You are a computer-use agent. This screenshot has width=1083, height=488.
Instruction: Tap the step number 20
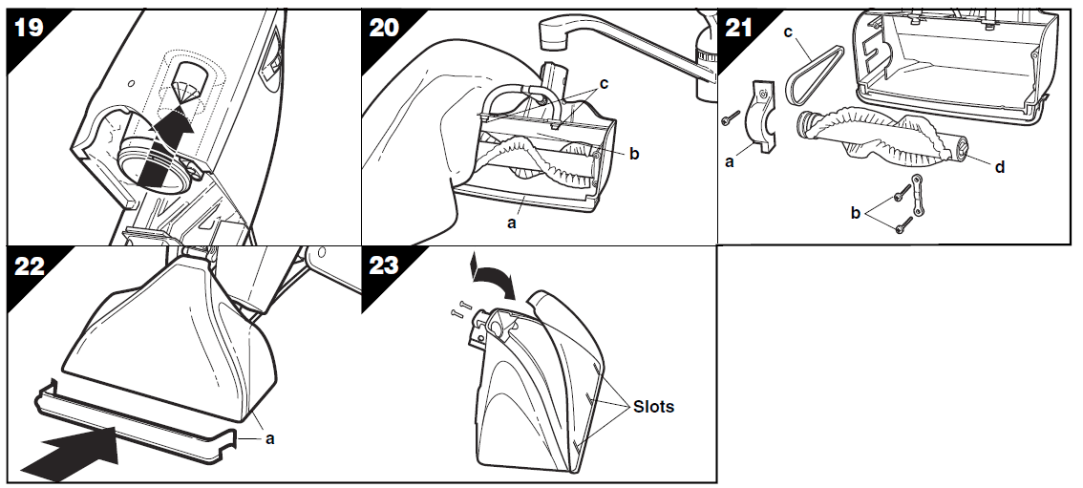pyautogui.click(x=384, y=28)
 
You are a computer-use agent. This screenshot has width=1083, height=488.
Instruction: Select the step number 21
pyautogui.click(x=739, y=28)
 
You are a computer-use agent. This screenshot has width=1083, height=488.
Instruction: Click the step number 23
pyautogui.click(x=384, y=265)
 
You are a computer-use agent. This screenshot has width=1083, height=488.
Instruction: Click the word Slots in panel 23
pyautogui.click(x=653, y=407)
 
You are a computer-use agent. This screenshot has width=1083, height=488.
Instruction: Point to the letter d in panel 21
pyautogui.click(x=999, y=167)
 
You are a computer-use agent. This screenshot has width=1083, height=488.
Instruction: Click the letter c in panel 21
pyautogui.click(x=788, y=32)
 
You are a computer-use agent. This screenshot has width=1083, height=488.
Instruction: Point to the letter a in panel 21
pyautogui.click(x=731, y=163)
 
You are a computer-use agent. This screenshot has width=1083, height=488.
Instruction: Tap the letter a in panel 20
pyautogui.click(x=512, y=223)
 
